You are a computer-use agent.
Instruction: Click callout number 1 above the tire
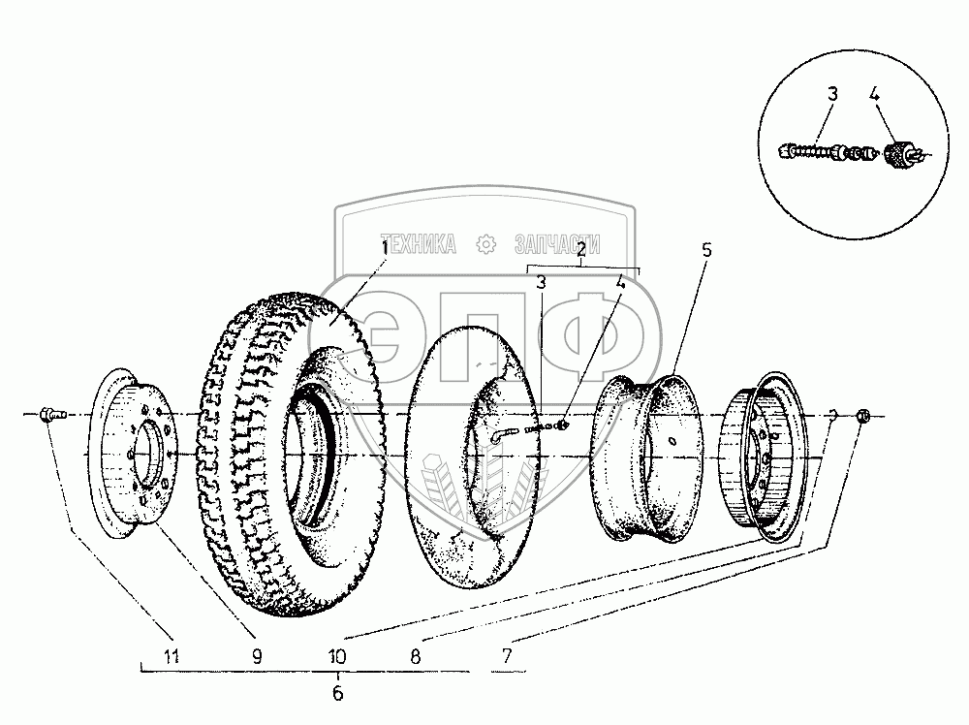(385, 248)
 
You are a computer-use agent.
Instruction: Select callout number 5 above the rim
(706, 250)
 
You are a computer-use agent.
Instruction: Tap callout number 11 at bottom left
(172, 656)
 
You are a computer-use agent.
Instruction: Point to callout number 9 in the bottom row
(257, 656)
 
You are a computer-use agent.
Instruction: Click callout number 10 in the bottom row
(337, 656)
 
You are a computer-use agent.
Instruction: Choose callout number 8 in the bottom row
(416, 656)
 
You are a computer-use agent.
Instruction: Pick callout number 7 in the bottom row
(507, 656)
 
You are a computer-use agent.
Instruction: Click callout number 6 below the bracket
(337, 693)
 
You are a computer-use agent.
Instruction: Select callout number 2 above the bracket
(581, 250)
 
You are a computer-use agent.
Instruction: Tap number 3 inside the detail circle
(832, 95)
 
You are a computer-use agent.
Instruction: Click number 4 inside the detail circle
(874, 95)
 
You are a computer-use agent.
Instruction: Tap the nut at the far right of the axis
(864, 417)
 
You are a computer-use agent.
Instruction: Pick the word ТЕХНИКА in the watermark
(418, 244)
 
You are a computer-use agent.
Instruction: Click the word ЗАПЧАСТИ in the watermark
(557, 244)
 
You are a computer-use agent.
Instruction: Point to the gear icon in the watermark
(485, 244)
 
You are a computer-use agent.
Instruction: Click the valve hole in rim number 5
(673, 441)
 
